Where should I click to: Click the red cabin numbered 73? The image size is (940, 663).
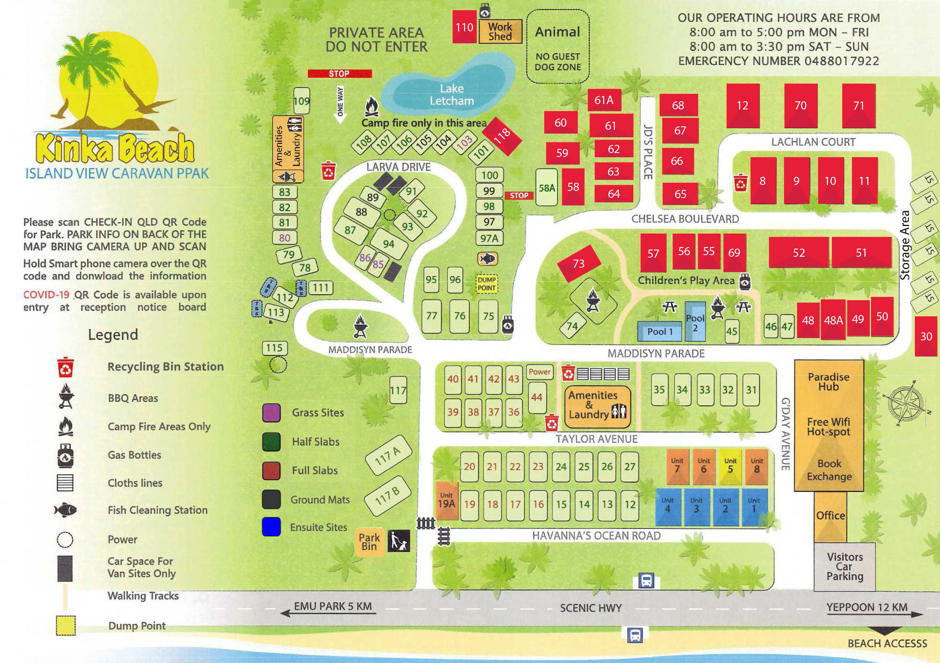click(578, 263)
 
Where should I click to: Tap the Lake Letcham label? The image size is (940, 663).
click(451, 95)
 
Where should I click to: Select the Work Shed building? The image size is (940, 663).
click(500, 31)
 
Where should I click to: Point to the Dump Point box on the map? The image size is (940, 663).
click(487, 283)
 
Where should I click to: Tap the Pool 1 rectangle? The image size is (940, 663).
click(660, 331)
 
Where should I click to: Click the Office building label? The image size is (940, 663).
click(830, 515)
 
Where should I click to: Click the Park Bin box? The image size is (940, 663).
click(369, 542)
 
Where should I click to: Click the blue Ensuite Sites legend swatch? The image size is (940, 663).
click(271, 527)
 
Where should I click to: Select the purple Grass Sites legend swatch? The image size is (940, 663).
click(271, 413)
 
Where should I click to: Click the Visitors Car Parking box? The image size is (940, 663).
click(845, 566)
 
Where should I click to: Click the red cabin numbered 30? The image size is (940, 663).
click(926, 336)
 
